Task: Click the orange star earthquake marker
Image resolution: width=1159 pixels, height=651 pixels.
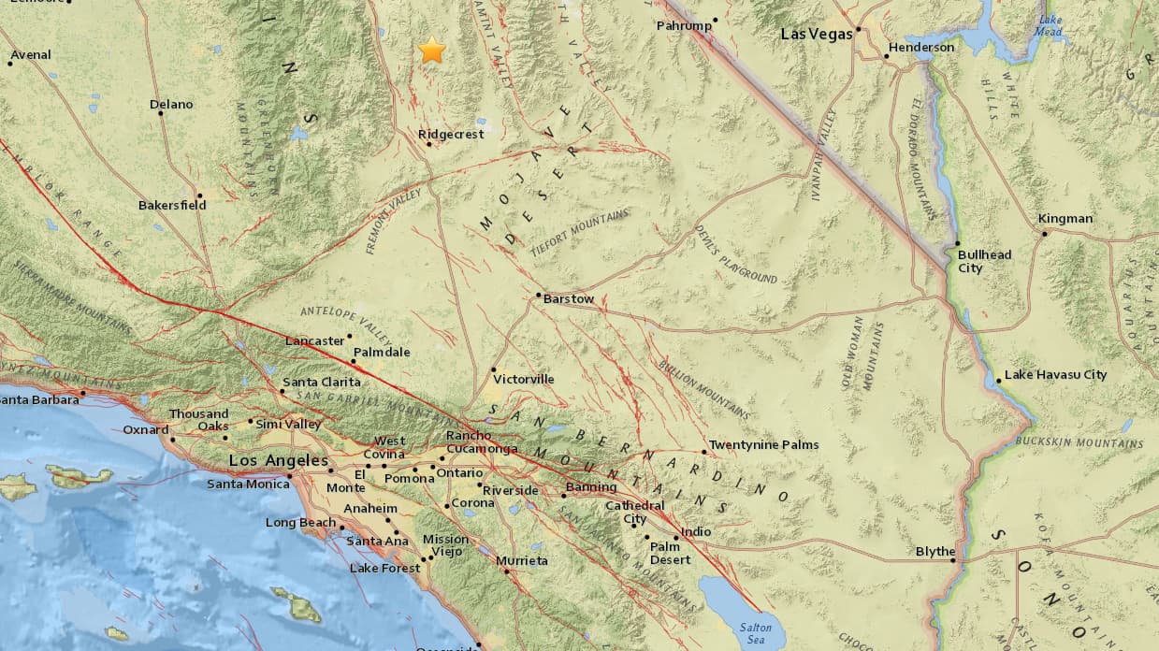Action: (x=431, y=51)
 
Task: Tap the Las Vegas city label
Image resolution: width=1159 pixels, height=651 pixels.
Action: (x=817, y=34)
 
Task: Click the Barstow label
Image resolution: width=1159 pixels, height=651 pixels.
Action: (x=569, y=299)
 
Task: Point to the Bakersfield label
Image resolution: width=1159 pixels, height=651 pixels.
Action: (x=172, y=205)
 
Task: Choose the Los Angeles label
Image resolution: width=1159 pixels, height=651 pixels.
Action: (x=279, y=461)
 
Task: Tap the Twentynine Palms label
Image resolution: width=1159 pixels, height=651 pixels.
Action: (x=763, y=445)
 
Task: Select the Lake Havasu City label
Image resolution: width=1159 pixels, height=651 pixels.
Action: (x=1055, y=375)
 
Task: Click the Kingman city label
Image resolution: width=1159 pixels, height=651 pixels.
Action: (x=1065, y=219)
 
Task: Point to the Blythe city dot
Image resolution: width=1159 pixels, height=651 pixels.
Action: (x=953, y=561)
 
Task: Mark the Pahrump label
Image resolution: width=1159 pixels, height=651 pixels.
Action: (x=684, y=26)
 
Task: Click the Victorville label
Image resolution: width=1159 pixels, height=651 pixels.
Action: (x=524, y=380)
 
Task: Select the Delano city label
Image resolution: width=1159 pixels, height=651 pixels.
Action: (x=171, y=105)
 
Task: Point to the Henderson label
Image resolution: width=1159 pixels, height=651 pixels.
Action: (x=921, y=48)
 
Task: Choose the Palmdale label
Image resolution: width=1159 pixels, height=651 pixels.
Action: (x=381, y=353)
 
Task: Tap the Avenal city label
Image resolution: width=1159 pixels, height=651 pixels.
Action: (x=31, y=55)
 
